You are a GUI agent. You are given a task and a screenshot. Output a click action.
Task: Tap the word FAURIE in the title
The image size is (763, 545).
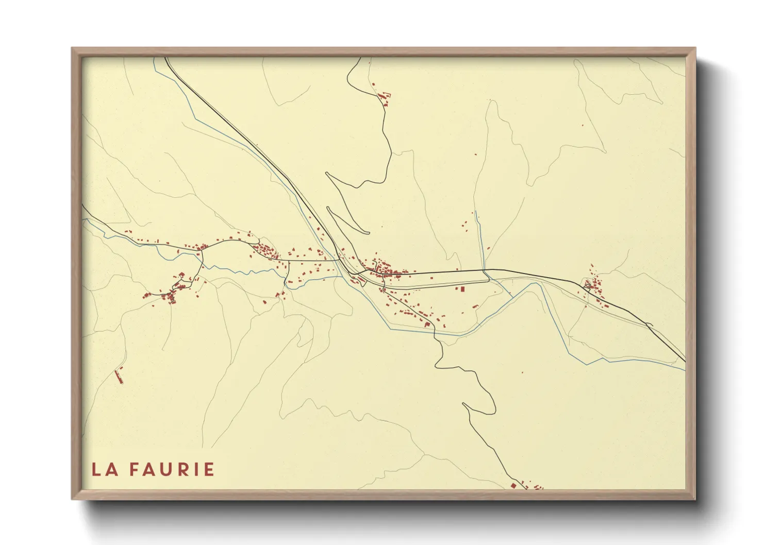[x=172, y=469]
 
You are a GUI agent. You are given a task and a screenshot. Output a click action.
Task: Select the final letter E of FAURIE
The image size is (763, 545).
[x=209, y=469]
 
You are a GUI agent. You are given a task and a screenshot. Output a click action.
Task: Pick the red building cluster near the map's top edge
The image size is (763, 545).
[x=384, y=97]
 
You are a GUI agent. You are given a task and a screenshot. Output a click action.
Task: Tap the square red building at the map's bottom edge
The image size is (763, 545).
[x=513, y=485]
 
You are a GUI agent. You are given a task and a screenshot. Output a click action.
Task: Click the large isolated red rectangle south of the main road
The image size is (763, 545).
[x=462, y=289]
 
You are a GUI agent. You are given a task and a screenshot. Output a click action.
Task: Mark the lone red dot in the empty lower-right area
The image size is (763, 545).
[x=522, y=372]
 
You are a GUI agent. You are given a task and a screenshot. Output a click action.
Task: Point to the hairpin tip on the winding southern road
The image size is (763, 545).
[x=464, y=404]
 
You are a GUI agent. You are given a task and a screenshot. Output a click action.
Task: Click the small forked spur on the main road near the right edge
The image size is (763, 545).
[x=649, y=324]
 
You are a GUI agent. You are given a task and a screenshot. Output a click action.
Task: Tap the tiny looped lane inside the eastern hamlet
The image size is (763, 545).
[x=586, y=284]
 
